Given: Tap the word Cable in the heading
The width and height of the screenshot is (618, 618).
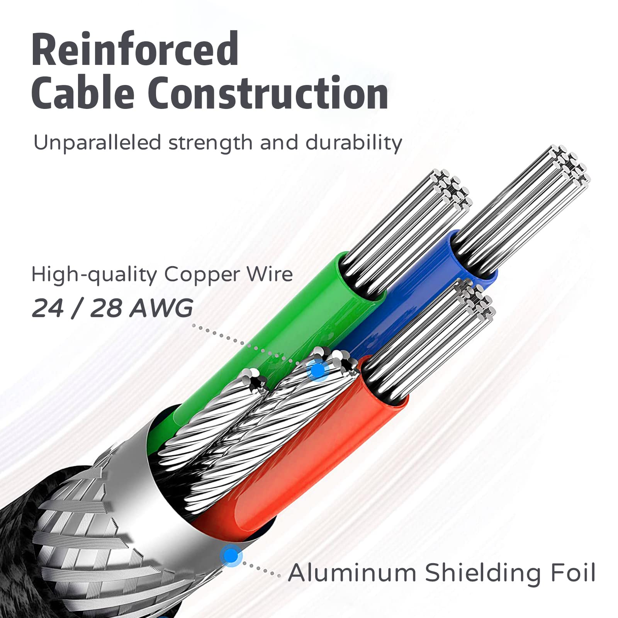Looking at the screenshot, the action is click(x=84, y=93).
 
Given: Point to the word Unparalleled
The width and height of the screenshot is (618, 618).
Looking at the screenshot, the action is click(x=97, y=143).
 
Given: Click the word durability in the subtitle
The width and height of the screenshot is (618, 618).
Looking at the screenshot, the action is click(x=354, y=143).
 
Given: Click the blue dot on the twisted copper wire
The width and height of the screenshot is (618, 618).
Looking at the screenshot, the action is click(x=318, y=370).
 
